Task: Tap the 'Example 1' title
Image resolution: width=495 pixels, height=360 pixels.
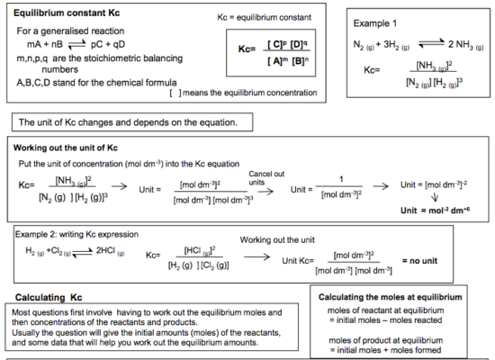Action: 377,23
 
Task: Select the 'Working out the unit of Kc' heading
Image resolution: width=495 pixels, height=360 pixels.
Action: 67,147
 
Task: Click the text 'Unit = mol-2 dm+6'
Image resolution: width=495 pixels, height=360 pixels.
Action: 436,211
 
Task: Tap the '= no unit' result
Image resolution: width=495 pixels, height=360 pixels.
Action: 426,260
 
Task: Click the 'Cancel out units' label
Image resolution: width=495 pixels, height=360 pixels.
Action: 266,177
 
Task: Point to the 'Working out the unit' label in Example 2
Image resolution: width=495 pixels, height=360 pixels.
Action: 279,238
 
